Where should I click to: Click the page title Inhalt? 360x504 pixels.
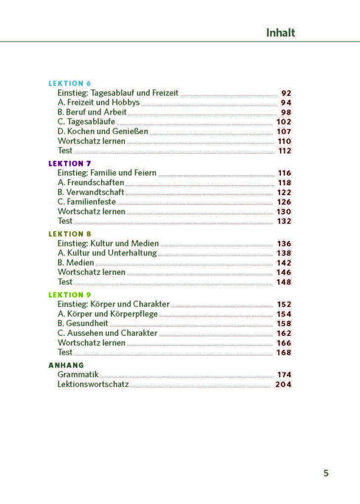(x=280, y=33)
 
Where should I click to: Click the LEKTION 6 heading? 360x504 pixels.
(x=70, y=84)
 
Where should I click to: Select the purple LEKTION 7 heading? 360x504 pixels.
(x=70, y=164)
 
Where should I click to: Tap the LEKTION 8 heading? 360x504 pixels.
(x=70, y=234)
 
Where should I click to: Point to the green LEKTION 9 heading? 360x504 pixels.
(x=70, y=295)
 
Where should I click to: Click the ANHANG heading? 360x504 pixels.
(x=66, y=365)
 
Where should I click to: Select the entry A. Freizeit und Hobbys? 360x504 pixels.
(x=99, y=103)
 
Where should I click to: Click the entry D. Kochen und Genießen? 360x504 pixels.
(x=103, y=131)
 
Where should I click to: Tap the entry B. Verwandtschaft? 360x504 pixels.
(x=91, y=192)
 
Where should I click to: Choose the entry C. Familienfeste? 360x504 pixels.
(x=87, y=202)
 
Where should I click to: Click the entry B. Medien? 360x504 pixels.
(x=76, y=263)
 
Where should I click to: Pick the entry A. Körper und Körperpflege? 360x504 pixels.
(x=108, y=314)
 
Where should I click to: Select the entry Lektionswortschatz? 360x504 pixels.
(x=93, y=384)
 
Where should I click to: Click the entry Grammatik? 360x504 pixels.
(x=79, y=375)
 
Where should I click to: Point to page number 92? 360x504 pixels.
(x=286, y=93)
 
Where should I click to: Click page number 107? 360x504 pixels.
(x=284, y=131)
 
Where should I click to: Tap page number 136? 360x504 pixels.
(x=284, y=244)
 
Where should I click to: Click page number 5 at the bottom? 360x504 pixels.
(x=326, y=473)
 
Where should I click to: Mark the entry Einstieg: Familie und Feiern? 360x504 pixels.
(x=107, y=173)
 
